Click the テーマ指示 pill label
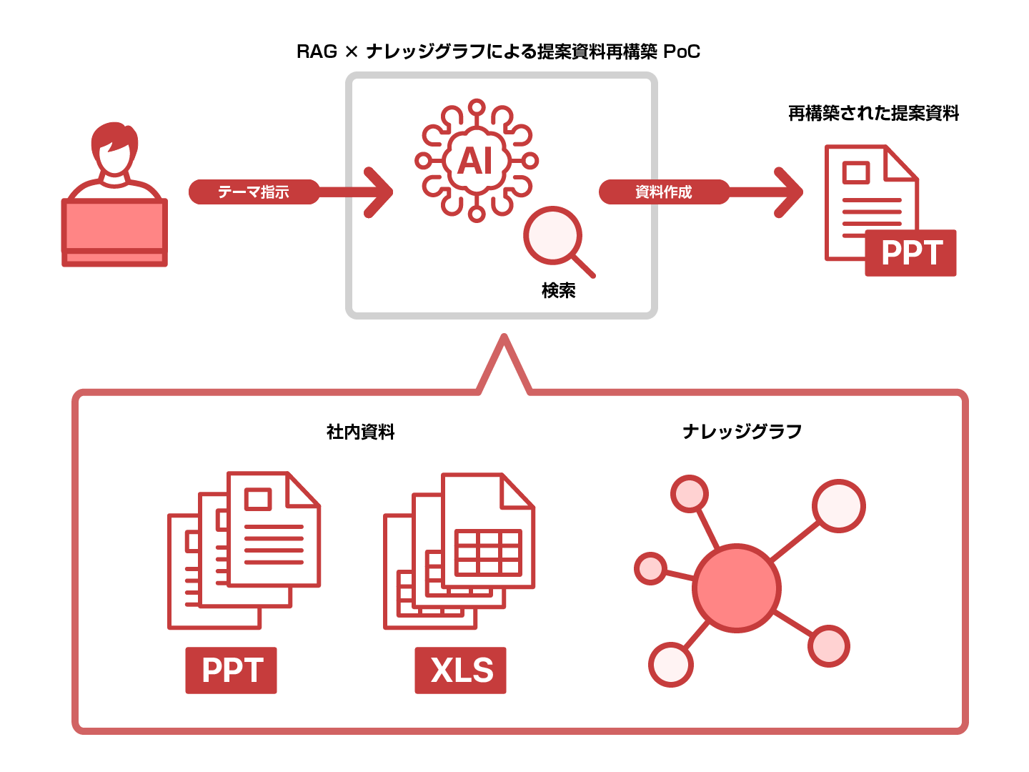(x=254, y=192)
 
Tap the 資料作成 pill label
(x=664, y=192)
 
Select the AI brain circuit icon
(x=477, y=161)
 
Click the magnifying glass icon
(x=555, y=238)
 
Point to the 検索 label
(x=559, y=290)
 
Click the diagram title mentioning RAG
(x=498, y=52)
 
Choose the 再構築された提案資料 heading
(x=873, y=114)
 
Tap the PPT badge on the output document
(x=910, y=253)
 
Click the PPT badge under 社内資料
(x=231, y=670)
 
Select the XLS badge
(x=461, y=670)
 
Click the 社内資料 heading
(x=361, y=432)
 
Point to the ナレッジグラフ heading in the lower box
(x=742, y=432)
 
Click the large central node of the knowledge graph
(x=737, y=588)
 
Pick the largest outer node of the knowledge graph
(x=839, y=506)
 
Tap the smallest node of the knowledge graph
(x=650, y=568)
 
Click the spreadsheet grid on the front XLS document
(x=489, y=553)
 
